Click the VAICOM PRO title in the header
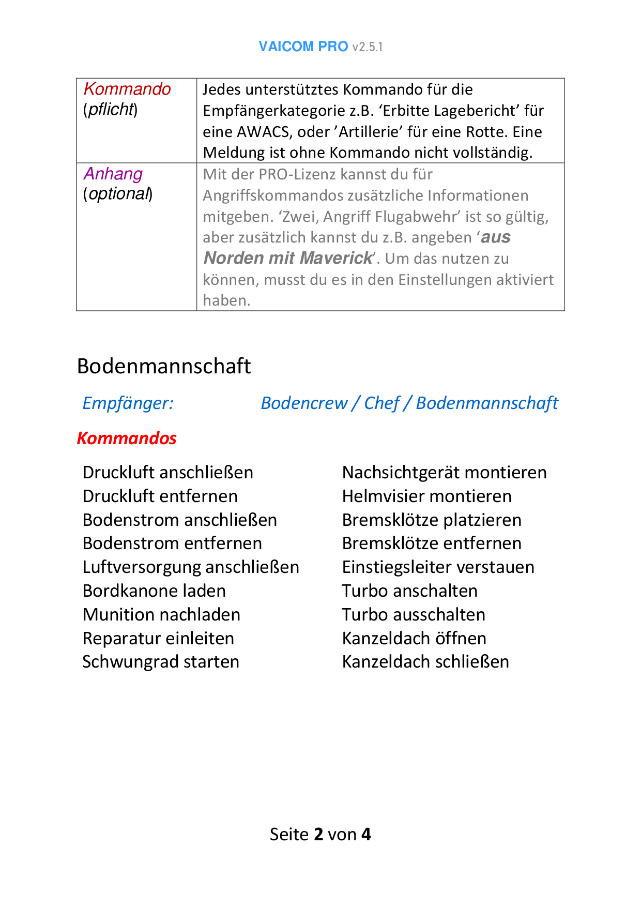point(303,47)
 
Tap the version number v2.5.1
point(368,47)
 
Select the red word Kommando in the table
point(127,89)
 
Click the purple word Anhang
point(113,174)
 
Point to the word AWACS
point(263,132)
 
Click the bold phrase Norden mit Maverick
point(287,258)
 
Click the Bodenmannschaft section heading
point(163,366)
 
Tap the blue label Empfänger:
point(128,403)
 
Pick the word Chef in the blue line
point(381,403)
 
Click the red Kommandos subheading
point(127,439)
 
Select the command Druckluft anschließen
point(167,473)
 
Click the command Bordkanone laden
point(154,591)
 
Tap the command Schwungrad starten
point(161,662)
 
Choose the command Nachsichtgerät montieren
point(444,473)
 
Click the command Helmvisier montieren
point(426,496)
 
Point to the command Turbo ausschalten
point(414,615)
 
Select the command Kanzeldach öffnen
point(414,639)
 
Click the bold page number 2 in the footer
point(318,834)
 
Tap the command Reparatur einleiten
point(158,639)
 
